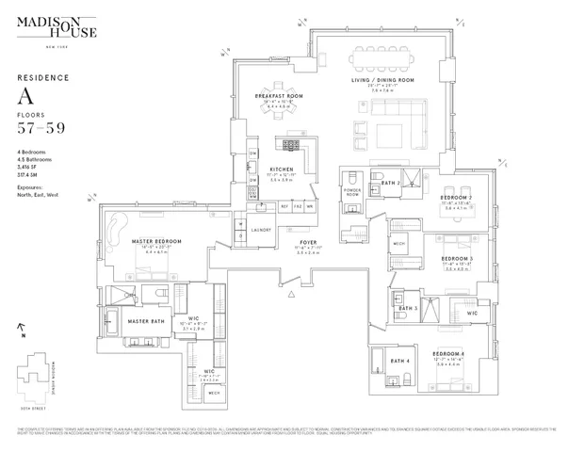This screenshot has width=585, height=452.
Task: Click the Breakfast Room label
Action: click(x=279, y=97)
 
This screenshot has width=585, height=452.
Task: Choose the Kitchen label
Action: click(x=283, y=169)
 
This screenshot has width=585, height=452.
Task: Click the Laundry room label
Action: click(x=261, y=230)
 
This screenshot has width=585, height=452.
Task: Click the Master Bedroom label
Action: click(x=155, y=241)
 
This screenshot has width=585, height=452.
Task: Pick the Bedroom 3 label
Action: click(x=457, y=258)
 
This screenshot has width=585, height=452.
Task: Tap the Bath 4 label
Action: click(x=399, y=361)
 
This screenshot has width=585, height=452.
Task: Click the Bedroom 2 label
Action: click(x=457, y=199)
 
